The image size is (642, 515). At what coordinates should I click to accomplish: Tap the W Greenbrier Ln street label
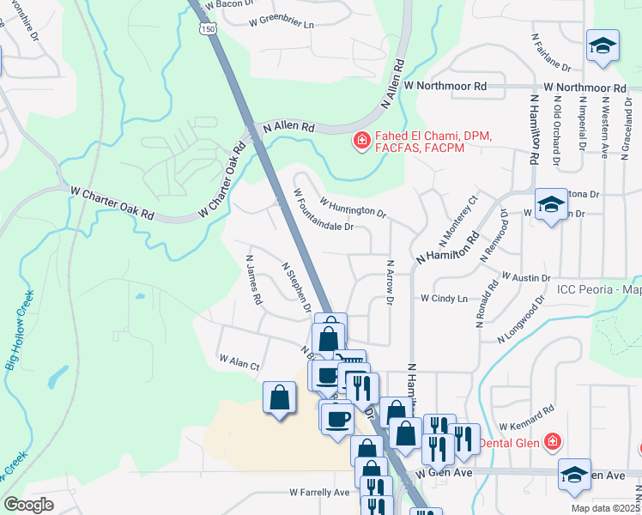(281, 24)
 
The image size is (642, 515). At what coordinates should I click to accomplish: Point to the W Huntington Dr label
(354, 207)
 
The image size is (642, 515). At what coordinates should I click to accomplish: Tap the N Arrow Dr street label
(389, 283)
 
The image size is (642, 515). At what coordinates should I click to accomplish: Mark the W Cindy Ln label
(444, 299)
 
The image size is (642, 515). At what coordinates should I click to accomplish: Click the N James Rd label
(252, 279)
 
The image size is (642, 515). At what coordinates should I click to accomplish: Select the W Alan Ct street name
(239, 361)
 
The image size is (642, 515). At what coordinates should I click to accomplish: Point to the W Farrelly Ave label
(319, 493)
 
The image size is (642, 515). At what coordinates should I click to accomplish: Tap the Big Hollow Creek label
(19, 330)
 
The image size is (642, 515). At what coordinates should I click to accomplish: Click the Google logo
(28, 505)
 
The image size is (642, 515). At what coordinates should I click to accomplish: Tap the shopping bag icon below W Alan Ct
(280, 398)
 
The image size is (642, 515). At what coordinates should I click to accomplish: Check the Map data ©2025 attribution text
(604, 508)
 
